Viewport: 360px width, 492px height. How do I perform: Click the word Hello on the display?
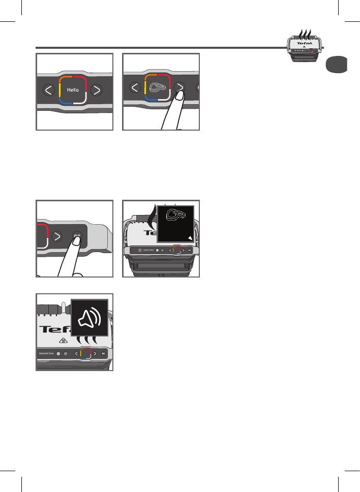tap(73, 89)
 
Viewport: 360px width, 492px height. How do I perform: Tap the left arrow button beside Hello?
tap(49, 90)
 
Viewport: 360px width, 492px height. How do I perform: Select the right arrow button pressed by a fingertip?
tap(179, 87)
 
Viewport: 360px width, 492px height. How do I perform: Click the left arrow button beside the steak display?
tap(135, 88)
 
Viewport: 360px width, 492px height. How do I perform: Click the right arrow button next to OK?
tap(57, 236)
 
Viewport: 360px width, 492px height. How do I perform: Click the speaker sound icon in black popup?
tap(89, 318)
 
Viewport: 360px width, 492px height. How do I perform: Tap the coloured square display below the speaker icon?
tap(85, 353)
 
